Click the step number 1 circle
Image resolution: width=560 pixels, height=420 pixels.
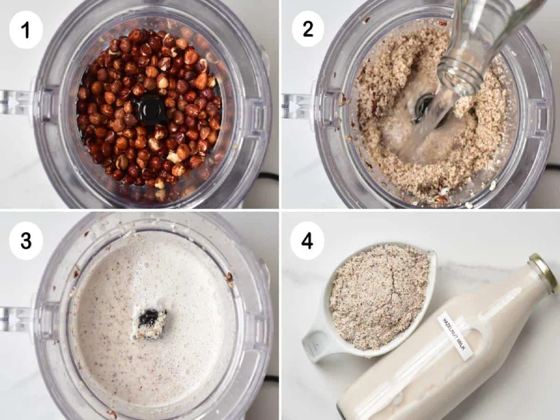coord(26,30)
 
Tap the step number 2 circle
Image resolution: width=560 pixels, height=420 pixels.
coord(308,29)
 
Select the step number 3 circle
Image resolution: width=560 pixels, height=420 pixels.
coord(26,240)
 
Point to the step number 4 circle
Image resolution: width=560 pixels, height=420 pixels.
coord(307,240)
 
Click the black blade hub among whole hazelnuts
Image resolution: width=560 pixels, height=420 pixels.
coord(151,109)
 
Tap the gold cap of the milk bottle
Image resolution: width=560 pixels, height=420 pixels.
coord(543,273)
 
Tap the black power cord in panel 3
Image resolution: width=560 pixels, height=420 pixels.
coord(271,378)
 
